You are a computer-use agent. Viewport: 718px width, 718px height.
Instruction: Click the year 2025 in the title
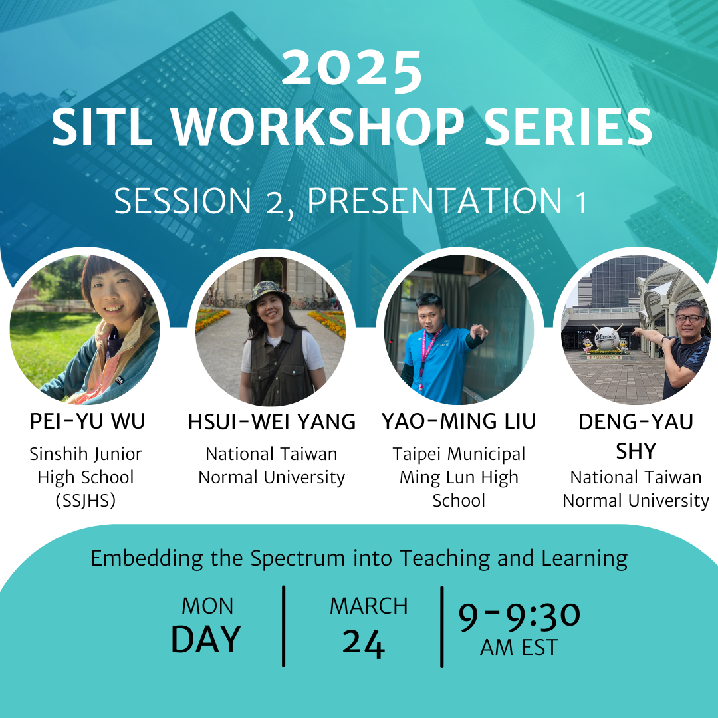click(x=352, y=68)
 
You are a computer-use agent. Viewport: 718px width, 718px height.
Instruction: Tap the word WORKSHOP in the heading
click(x=318, y=127)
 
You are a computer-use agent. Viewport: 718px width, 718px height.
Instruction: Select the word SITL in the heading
click(x=102, y=127)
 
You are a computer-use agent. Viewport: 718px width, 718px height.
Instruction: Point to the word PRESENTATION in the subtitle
click(x=435, y=201)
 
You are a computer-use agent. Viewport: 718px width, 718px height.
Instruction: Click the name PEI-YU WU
click(x=88, y=421)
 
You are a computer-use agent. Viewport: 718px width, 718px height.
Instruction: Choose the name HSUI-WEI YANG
click(x=271, y=421)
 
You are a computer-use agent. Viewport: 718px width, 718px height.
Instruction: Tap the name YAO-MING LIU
click(x=459, y=421)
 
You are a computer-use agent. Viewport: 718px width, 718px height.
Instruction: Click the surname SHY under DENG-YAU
click(x=636, y=451)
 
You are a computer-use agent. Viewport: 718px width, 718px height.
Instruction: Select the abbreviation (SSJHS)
click(x=86, y=501)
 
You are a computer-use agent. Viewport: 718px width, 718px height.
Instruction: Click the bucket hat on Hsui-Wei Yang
click(x=268, y=295)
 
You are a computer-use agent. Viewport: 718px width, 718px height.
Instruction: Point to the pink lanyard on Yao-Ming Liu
click(x=427, y=357)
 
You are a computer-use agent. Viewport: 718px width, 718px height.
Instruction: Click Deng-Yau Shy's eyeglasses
click(x=688, y=318)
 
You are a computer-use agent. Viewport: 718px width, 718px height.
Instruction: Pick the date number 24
click(x=364, y=644)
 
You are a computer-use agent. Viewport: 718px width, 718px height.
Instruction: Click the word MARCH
click(x=368, y=606)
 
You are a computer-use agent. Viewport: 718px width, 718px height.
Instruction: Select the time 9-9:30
click(x=519, y=616)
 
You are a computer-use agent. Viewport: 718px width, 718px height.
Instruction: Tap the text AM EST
click(x=519, y=648)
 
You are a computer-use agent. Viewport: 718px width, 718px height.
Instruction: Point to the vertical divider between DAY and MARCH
click(x=284, y=626)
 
